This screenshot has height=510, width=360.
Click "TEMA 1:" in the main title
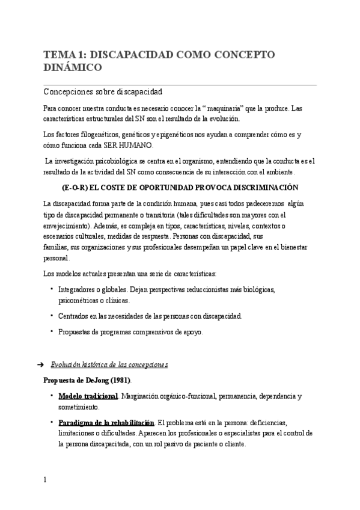click(x=61, y=55)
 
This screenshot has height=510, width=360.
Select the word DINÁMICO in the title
click(x=73, y=68)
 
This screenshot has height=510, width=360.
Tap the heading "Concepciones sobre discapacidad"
click(x=103, y=92)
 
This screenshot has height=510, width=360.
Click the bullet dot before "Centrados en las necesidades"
click(x=52, y=315)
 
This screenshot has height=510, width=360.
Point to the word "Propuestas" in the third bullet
click(x=76, y=331)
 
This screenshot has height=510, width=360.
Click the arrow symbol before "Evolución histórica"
click(x=40, y=365)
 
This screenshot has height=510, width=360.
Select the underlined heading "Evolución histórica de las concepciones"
click(x=109, y=365)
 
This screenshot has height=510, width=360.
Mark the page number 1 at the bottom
click(x=45, y=480)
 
